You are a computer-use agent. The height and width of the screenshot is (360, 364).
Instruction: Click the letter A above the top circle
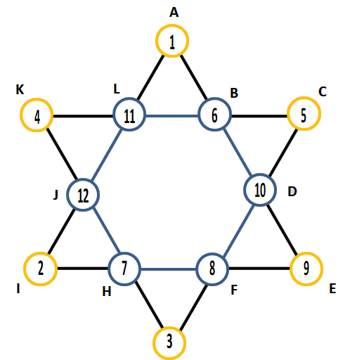174,13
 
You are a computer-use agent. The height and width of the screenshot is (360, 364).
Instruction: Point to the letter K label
20,89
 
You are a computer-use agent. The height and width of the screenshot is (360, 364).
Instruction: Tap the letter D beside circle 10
292,191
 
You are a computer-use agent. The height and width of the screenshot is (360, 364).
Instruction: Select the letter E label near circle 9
332,288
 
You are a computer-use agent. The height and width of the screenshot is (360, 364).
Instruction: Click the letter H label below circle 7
107,292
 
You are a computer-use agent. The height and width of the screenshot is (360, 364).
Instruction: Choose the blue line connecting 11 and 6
172,116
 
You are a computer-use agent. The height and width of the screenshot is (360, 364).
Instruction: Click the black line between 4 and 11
83,116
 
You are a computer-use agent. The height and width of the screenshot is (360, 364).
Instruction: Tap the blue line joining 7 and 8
169,269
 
